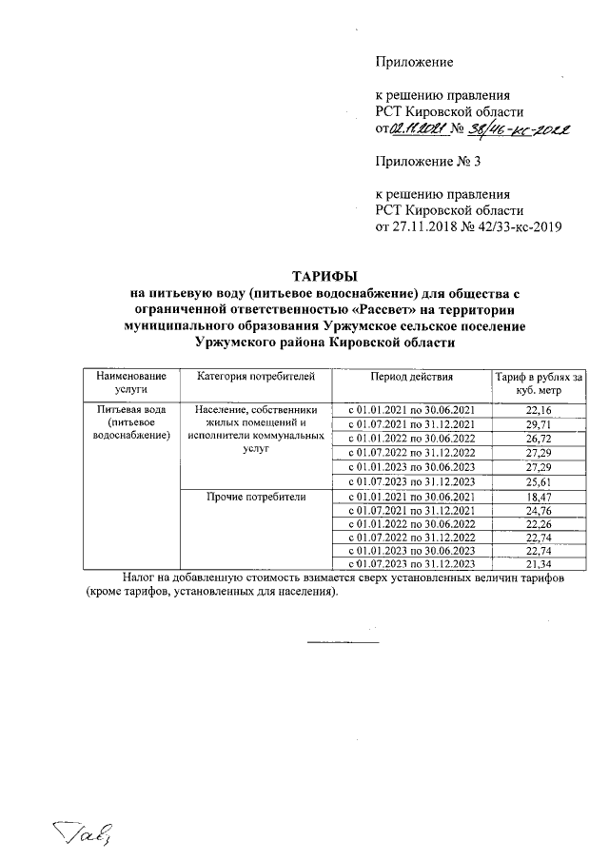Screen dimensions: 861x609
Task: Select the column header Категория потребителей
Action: [254, 378]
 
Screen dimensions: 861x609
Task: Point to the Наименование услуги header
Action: [131, 383]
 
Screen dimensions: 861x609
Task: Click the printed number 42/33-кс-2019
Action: [520, 226]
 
